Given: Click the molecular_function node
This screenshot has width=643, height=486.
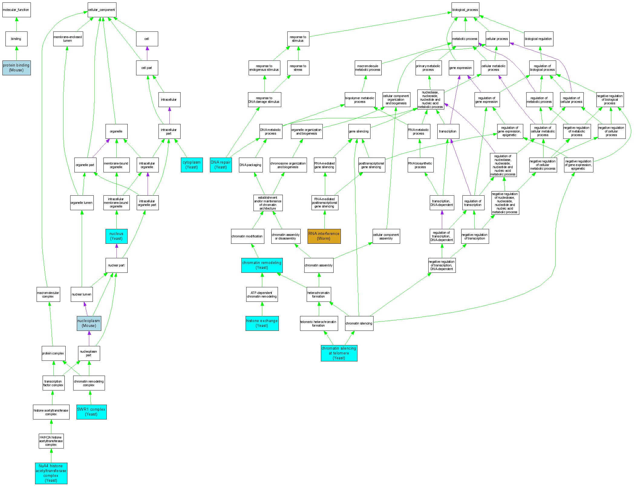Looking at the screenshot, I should click(16, 10).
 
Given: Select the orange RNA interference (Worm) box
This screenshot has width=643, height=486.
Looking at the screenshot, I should click(324, 236).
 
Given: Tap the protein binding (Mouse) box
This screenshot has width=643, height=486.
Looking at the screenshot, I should click(16, 68).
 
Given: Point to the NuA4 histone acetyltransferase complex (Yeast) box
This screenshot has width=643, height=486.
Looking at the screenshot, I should click(51, 473).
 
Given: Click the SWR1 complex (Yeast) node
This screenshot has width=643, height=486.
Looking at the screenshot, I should click(91, 412).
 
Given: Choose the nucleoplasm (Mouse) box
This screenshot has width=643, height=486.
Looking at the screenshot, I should click(89, 323).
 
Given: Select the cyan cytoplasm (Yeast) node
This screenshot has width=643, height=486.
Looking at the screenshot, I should click(192, 165).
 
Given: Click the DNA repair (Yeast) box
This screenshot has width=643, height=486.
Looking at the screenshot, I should click(221, 165).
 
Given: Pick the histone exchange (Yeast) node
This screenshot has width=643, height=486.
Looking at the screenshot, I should click(262, 323).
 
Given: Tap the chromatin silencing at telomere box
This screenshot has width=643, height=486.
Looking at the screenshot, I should click(339, 353).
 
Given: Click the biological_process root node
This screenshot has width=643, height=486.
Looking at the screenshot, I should click(465, 10).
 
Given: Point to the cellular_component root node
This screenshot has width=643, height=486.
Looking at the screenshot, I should click(102, 10).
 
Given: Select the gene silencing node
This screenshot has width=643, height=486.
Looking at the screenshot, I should click(359, 132).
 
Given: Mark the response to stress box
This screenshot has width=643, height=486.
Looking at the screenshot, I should click(298, 68).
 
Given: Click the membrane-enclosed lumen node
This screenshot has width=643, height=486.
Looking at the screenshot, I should click(68, 39).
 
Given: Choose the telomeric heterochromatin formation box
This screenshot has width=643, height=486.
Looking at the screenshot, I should click(319, 323).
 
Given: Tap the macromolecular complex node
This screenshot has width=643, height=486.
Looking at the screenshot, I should click(48, 295).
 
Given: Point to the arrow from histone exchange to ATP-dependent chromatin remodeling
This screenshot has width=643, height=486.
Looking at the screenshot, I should click(262, 309).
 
